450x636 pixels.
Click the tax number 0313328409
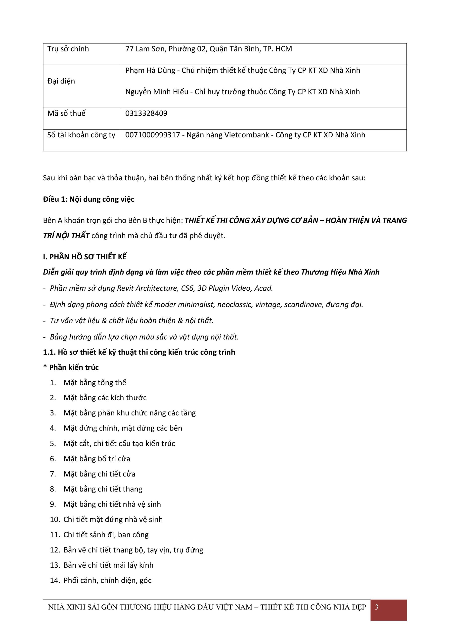[x=146, y=113]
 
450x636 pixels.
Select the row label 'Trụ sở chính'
[x=68, y=49]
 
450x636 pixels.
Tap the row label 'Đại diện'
[x=61, y=81]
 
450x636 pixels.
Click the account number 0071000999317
[x=152, y=135]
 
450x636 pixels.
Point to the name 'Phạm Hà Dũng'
[x=150, y=71]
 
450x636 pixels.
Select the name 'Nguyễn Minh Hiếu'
[x=157, y=92]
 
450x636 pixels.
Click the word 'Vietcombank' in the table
[x=246, y=135]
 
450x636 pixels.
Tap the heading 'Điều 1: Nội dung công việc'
[x=89, y=199]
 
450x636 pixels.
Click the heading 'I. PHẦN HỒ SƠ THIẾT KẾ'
[x=85, y=257]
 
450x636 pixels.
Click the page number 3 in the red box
[x=376, y=607]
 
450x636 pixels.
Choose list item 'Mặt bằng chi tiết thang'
[x=103, y=489]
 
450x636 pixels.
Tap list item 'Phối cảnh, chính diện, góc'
[x=107, y=580]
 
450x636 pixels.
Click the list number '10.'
[x=55, y=519]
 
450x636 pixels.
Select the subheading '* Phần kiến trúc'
[x=71, y=367]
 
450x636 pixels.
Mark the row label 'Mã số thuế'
[x=67, y=113]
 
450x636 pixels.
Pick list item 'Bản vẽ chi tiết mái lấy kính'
[x=108, y=565]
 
